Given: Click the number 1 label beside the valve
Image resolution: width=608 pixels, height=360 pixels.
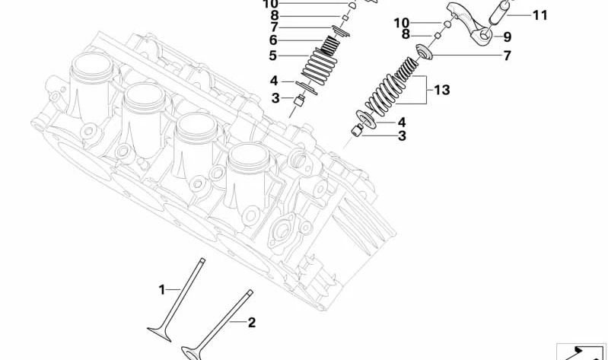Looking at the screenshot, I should coord(161,289).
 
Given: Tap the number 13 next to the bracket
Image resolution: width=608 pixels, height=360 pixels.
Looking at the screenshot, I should coord(441,90).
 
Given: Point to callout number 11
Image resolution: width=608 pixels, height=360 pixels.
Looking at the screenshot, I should coord(540,14).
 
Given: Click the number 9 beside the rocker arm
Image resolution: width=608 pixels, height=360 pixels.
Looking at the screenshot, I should coord(507,36).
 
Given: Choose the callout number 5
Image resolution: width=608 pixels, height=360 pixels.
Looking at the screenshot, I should coord(272,56).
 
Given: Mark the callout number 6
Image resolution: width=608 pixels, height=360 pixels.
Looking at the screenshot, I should coord(272,40).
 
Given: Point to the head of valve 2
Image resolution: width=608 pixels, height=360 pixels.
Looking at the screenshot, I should coord(195,352).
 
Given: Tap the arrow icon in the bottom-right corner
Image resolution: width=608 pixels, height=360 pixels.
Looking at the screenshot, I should coord(582,351).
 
